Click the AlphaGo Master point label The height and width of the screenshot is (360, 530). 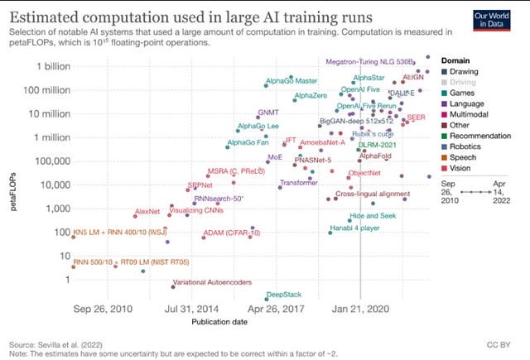click(x=291, y=81)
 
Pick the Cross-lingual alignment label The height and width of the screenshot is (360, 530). click(x=373, y=194)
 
